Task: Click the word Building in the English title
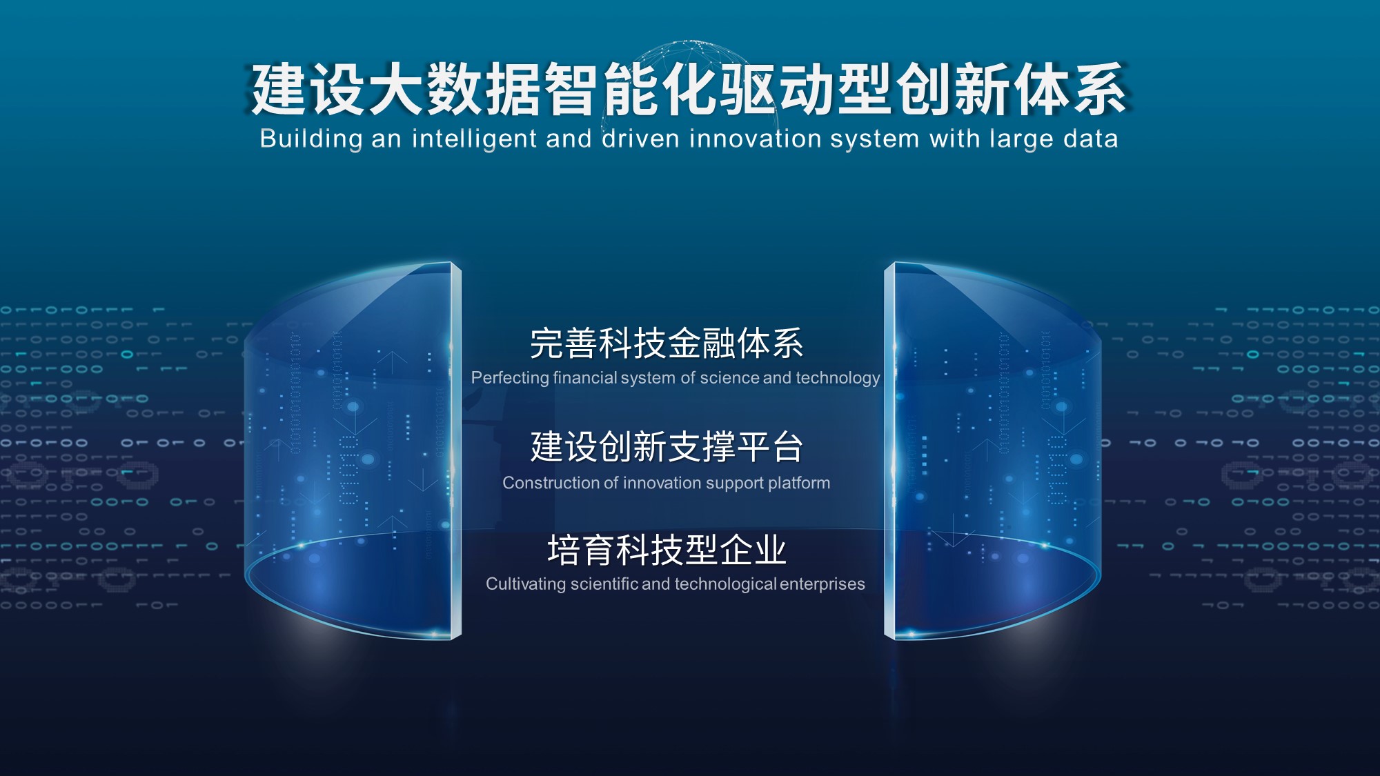pos(310,139)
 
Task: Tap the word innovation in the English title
pos(755,139)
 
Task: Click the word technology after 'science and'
pos(838,378)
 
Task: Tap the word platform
pos(798,484)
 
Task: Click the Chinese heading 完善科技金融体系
pos(667,343)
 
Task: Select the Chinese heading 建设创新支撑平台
pos(667,446)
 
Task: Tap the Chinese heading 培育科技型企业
pos(667,550)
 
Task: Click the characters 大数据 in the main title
pos(455,90)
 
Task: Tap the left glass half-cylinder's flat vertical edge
pos(456,450)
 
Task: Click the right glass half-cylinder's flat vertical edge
pos(889,450)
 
